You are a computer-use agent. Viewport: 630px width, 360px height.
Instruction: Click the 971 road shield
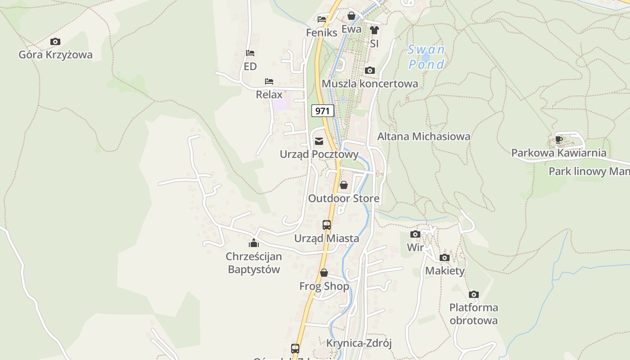click(323, 111)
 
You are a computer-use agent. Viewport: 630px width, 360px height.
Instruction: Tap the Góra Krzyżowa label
click(55, 55)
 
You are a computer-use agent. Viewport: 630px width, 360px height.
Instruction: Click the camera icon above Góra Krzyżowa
click(55, 42)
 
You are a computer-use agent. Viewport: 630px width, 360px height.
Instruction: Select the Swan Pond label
click(426, 57)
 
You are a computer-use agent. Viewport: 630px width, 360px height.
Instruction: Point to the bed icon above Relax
click(269, 81)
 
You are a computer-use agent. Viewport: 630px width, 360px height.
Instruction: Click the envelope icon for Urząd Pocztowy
click(319, 142)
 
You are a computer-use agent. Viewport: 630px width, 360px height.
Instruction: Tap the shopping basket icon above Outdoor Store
click(344, 185)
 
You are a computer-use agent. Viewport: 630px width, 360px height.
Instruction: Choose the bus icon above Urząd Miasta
click(327, 225)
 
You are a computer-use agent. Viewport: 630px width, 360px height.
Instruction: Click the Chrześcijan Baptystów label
click(254, 263)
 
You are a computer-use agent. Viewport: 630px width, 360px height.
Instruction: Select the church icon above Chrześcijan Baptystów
click(254, 243)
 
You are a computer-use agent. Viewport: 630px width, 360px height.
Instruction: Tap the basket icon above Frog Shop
click(324, 273)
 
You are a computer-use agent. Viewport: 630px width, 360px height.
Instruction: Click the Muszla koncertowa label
click(370, 84)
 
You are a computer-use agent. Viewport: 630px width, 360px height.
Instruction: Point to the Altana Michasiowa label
click(423, 136)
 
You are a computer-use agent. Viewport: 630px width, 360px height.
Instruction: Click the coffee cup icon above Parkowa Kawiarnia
click(559, 139)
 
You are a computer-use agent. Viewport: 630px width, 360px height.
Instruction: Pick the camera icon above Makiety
click(445, 258)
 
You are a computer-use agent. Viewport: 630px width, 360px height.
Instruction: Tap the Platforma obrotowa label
click(473, 314)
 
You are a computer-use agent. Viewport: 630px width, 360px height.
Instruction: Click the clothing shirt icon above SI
click(374, 31)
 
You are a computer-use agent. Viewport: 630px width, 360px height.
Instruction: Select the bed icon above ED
click(250, 54)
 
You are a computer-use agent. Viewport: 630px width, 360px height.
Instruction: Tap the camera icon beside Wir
click(415, 234)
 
